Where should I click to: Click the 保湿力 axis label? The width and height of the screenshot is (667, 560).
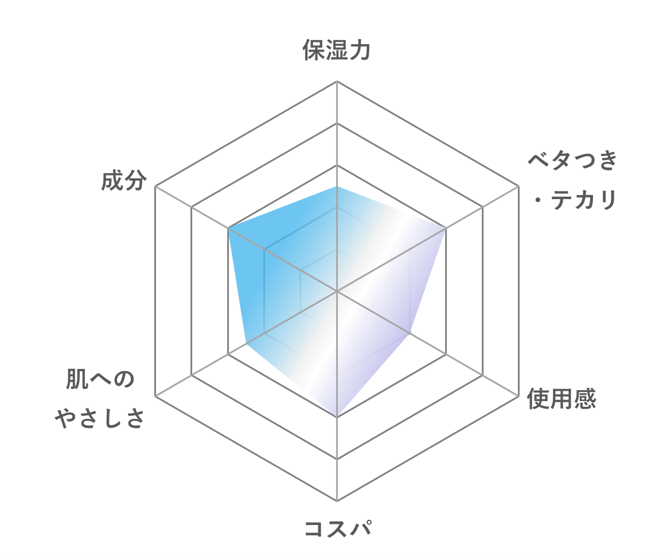(x=337, y=50)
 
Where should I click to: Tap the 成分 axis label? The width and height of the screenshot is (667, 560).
(x=124, y=180)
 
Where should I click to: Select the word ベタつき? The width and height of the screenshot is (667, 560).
(x=572, y=160)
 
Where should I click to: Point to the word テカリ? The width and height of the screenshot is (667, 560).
(x=584, y=200)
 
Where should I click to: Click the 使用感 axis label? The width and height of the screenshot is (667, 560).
(x=561, y=399)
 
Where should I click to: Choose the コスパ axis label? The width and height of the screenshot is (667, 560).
(x=338, y=528)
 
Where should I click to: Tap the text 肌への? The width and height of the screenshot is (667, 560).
(x=100, y=379)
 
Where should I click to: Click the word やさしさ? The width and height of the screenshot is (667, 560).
(x=100, y=418)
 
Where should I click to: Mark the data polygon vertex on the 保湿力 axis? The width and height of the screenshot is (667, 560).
(x=337, y=186)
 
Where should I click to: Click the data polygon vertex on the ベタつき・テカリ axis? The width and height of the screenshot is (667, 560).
(x=446, y=228)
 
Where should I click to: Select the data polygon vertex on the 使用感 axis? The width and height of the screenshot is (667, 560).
(x=409, y=333)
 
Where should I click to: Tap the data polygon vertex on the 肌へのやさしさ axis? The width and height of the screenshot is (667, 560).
(x=246, y=344)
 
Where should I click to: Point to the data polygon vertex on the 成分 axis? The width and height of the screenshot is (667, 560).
(x=228, y=228)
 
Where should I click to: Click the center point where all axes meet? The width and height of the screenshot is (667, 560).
(x=337, y=291)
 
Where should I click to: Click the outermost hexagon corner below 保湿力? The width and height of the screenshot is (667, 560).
(x=337, y=81)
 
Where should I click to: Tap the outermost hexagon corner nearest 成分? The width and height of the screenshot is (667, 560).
(x=155, y=186)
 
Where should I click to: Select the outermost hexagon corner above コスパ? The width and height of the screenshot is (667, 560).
(x=337, y=501)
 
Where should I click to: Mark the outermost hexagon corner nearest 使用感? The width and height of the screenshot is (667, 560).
(x=518, y=396)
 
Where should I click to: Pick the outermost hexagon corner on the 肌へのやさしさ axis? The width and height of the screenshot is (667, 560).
(x=155, y=396)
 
